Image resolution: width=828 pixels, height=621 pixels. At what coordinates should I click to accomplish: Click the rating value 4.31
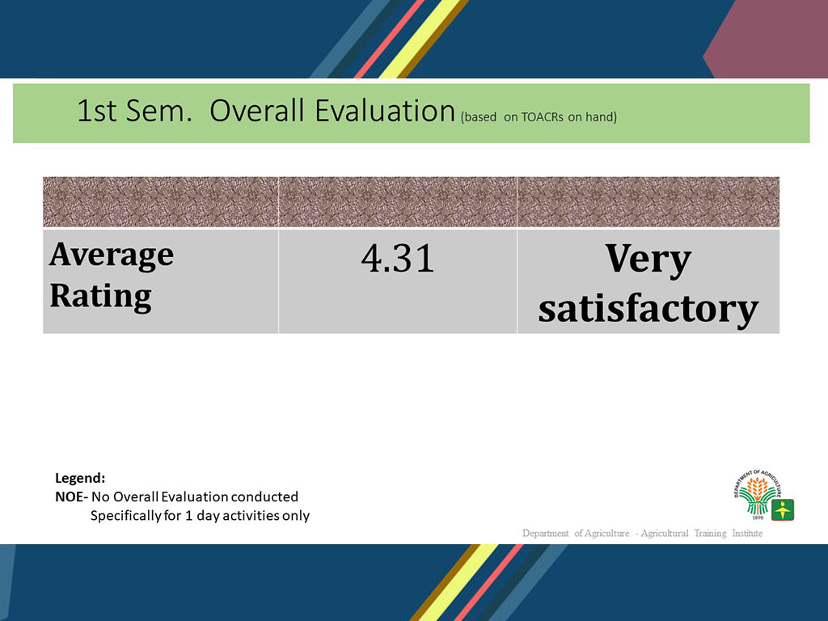398,258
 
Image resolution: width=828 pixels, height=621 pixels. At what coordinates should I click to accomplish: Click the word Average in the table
112,256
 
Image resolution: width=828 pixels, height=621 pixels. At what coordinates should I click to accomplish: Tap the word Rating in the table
101,296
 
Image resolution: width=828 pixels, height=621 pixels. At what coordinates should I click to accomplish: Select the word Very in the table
648,260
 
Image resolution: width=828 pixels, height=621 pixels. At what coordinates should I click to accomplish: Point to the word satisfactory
648,308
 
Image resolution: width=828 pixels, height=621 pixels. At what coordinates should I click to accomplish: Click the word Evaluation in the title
385,111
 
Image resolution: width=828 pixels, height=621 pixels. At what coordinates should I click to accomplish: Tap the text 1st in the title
97,111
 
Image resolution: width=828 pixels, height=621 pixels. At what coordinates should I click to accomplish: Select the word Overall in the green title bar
256,111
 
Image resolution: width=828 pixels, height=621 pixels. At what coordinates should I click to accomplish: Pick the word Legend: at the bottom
80,479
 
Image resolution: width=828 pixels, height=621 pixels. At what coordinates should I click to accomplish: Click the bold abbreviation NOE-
72,497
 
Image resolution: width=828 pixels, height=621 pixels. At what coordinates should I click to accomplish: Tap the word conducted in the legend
264,497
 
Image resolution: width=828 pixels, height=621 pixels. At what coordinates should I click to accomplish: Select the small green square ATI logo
783,509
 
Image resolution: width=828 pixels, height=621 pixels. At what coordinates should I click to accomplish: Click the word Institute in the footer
747,534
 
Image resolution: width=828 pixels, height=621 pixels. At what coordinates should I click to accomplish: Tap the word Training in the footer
710,534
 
